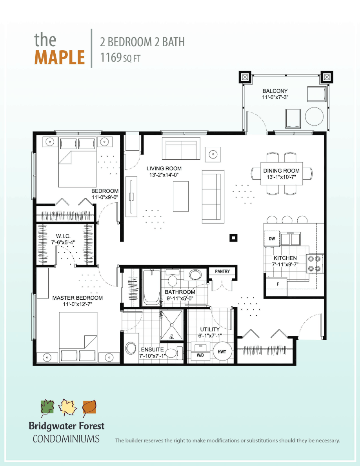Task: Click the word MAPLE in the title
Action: click(x=60, y=57)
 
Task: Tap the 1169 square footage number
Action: click(x=111, y=58)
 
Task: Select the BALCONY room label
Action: click(x=275, y=91)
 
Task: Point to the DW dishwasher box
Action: click(x=272, y=239)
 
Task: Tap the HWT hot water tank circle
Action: click(x=222, y=351)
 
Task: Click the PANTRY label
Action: click(x=222, y=271)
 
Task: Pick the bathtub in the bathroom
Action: click(x=151, y=287)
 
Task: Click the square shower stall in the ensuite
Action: click(x=172, y=325)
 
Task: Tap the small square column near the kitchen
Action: click(x=233, y=237)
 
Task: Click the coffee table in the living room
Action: click(x=180, y=197)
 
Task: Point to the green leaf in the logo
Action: click(x=47, y=408)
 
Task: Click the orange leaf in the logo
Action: click(x=89, y=408)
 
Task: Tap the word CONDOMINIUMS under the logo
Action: click(x=66, y=439)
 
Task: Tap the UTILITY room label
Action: click(x=210, y=329)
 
